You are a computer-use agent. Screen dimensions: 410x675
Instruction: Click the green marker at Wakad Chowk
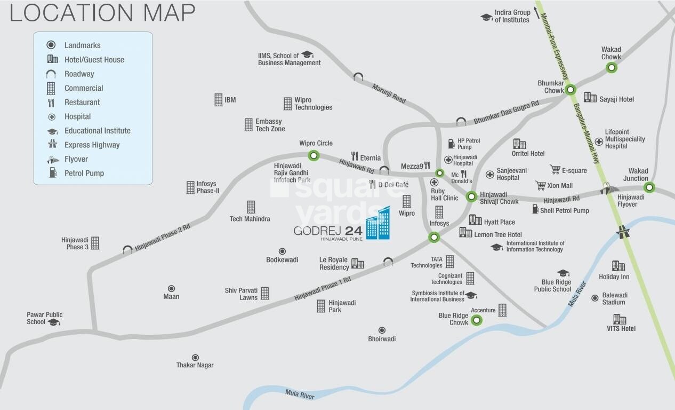[x=612, y=67]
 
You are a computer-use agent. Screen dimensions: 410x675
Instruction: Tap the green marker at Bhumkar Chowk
[x=570, y=90]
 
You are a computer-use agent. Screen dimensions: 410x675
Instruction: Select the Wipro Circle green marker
[x=314, y=156]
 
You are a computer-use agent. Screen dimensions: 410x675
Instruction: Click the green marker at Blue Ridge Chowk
[x=477, y=320]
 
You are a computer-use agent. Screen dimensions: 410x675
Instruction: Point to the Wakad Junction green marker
[x=649, y=187]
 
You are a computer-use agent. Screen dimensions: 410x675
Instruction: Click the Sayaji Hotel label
[x=616, y=99]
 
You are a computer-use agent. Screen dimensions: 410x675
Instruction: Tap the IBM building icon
[x=218, y=100]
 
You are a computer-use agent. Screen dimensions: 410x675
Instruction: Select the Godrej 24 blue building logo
[x=377, y=224]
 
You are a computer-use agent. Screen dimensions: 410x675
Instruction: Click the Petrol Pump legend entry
[x=84, y=173]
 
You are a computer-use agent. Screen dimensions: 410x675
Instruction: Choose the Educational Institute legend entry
[x=97, y=131]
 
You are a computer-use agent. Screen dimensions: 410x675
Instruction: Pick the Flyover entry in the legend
[x=76, y=159]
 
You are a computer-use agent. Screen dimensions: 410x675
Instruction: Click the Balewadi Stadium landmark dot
[x=595, y=298]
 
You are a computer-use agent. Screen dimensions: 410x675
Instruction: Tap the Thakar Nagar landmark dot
[x=195, y=357]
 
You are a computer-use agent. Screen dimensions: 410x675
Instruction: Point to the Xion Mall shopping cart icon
[x=541, y=185]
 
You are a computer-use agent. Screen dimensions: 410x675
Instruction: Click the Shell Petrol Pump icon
[x=535, y=209]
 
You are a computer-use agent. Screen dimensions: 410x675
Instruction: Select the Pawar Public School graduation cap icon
[x=53, y=322]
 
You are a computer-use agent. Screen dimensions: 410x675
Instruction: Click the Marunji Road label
[x=389, y=93]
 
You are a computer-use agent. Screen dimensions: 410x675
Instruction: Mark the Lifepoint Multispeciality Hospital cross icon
[x=599, y=141]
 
